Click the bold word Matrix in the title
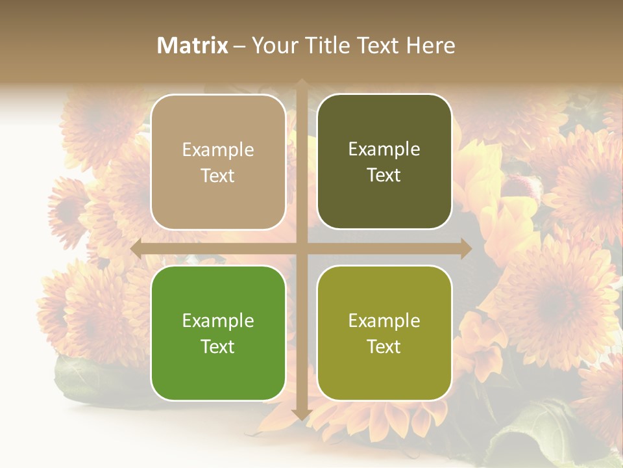click(x=193, y=45)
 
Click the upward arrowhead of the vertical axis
click(x=301, y=84)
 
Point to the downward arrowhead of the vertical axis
click(x=301, y=414)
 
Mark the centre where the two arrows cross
click(x=301, y=248)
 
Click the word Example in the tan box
click(x=218, y=150)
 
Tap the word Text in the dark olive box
click(x=384, y=175)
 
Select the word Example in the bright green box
click(x=218, y=321)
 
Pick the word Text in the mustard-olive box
click(x=384, y=346)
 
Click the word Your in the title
click(x=272, y=45)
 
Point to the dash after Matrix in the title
click(x=239, y=45)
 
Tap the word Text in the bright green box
click(x=218, y=346)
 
